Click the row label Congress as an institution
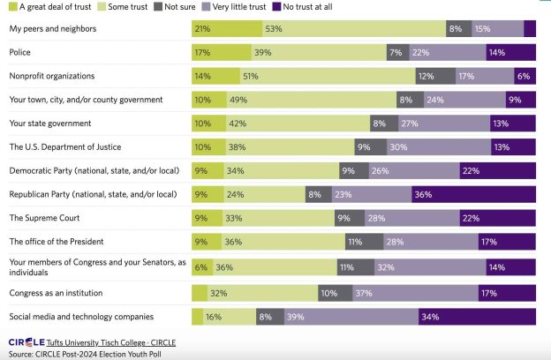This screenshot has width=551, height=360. click(x=56, y=291)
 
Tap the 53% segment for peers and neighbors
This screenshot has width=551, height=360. click(x=353, y=29)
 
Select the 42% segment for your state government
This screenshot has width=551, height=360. click(x=298, y=124)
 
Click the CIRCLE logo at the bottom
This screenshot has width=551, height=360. click(x=26, y=341)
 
